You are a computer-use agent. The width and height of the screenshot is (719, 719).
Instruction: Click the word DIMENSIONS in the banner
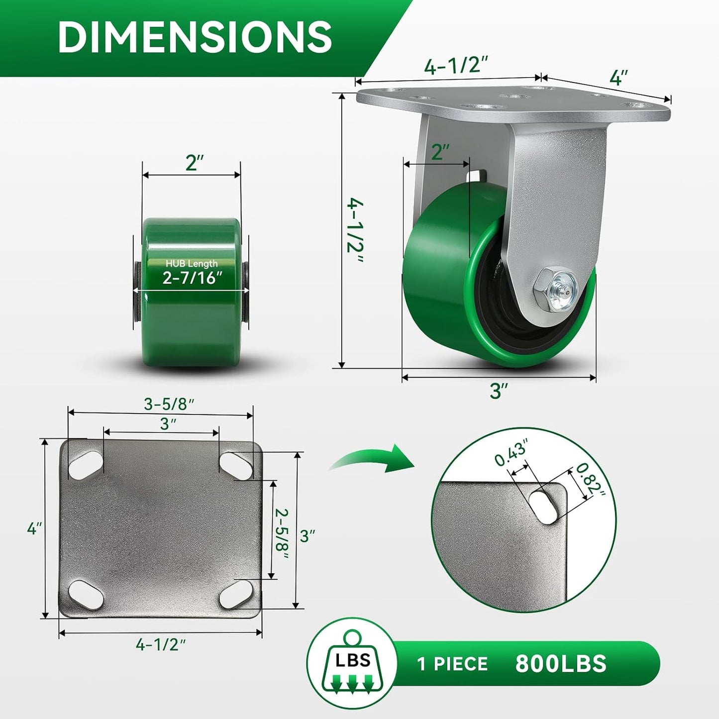[x=195, y=37]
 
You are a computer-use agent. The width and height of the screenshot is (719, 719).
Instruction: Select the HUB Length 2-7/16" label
[x=192, y=273]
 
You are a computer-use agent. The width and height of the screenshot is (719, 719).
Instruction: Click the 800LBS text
[x=561, y=664]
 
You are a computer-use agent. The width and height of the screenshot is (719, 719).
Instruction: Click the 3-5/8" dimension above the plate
[x=169, y=404]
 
